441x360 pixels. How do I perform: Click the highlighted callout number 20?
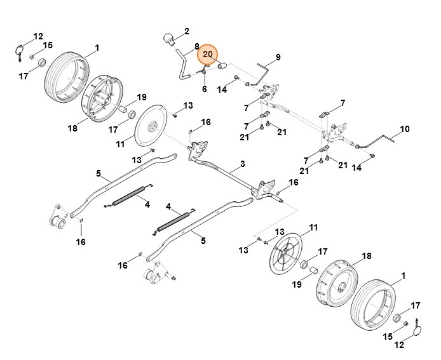pos(207,55)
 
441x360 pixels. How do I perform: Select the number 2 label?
pos(186,30)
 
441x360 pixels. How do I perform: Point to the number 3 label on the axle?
pos(243,164)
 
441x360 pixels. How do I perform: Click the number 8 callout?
pos(197,46)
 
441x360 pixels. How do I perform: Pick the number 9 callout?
pos(277,57)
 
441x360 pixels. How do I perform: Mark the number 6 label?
pos(205,89)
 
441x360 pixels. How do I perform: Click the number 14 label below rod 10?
pos(356,168)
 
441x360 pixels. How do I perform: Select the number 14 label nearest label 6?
pos(222,90)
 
